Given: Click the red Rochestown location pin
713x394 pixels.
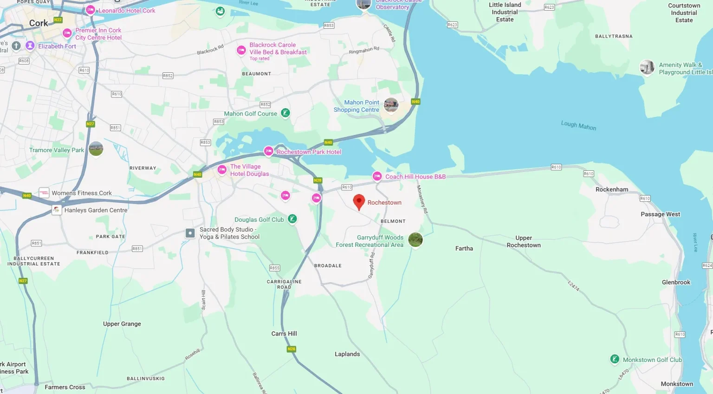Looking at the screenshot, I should (x=359, y=201).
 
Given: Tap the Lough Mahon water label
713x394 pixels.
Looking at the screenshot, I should (x=578, y=125).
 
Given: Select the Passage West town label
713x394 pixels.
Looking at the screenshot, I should (x=660, y=214).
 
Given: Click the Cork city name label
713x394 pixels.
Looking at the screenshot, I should (x=39, y=23).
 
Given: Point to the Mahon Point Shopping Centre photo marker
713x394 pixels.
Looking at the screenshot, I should (x=391, y=105).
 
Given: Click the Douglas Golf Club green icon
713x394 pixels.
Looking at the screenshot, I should (x=292, y=219).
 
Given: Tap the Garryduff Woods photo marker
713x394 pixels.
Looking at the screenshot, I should (x=415, y=239).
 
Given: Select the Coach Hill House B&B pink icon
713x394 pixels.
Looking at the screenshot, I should (x=377, y=176).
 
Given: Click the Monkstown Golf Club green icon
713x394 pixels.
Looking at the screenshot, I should (x=615, y=359).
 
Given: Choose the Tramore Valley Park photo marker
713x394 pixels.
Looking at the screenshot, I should (x=96, y=149).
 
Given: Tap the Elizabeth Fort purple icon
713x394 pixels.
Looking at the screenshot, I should (x=30, y=45).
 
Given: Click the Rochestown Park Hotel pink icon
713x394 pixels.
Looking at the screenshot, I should (x=268, y=151).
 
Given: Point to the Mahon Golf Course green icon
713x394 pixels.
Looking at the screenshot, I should (x=285, y=113).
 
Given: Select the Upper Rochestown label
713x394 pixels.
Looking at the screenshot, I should (x=524, y=241).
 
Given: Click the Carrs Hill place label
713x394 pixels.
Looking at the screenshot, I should (x=284, y=334).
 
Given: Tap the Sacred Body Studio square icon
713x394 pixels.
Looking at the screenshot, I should (x=190, y=233).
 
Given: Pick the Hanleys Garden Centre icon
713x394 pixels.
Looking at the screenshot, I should (x=57, y=210).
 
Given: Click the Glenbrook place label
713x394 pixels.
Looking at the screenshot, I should (x=676, y=282).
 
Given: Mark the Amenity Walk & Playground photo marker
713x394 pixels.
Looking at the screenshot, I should (x=647, y=67).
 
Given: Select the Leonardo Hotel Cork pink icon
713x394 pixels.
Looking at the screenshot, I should (x=91, y=10).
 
